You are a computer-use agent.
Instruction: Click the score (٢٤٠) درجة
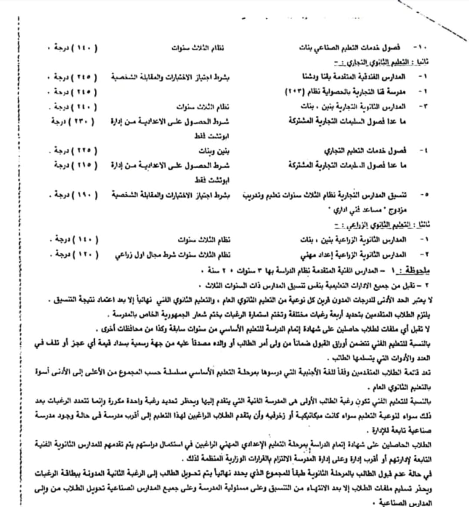coord(74,106)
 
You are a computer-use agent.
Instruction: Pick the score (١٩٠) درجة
coord(74,194)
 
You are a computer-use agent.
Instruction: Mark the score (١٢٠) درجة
coord(74,254)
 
